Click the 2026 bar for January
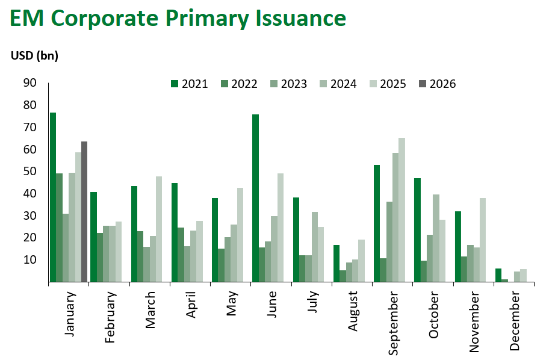84,211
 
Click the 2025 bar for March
159,229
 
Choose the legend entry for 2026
437,84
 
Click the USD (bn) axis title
34,56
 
